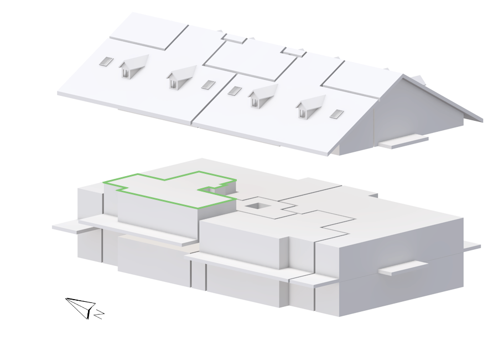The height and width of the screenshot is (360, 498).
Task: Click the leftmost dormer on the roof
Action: point(133,67)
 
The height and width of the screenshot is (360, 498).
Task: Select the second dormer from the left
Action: point(180,78)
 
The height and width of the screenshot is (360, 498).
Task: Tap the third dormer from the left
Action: point(262,95)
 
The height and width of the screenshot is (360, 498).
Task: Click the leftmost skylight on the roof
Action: point(106,61)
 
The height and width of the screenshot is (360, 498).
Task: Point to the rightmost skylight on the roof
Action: point(336,114)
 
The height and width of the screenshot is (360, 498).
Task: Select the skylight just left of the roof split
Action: point(209,85)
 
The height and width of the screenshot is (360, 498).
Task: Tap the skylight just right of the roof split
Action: point(235,91)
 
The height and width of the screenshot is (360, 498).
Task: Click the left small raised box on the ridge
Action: point(235,38)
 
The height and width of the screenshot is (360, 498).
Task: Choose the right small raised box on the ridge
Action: point(293,52)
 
